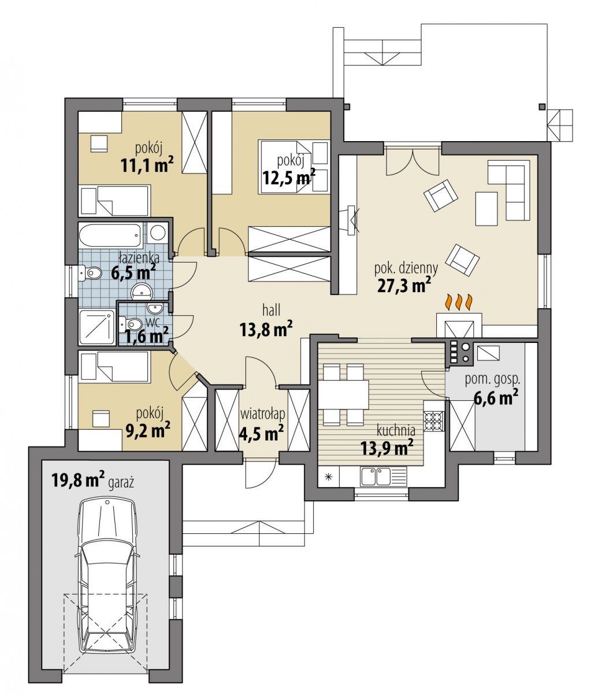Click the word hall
pos(271,311)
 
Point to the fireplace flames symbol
pos(459,302)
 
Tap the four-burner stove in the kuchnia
pos(433,421)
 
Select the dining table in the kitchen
pos(343,395)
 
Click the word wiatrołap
pos(262,415)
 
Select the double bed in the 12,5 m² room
pos(294,167)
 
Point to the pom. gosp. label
pos(492,380)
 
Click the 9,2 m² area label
pos(148,430)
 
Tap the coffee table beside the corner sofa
pos(486,209)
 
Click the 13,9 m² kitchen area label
pos(387,448)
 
